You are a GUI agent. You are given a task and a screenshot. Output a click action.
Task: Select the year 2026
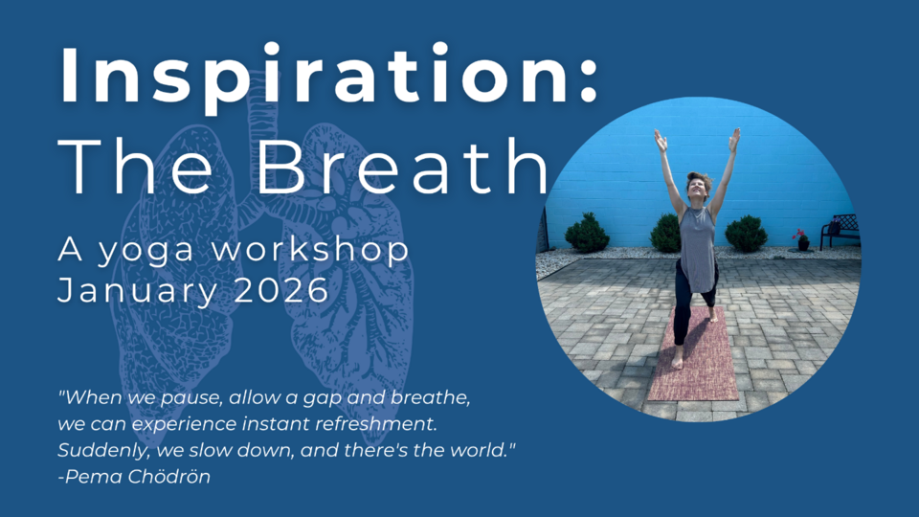tap(281, 289)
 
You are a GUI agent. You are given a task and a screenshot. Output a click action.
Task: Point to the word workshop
tap(310, 249)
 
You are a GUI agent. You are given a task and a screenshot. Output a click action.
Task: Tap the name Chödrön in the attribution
tap(168, 476)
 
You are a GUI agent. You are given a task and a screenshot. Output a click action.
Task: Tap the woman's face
tap(698, 189)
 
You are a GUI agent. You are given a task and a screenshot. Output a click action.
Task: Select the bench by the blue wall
tap(841, 231)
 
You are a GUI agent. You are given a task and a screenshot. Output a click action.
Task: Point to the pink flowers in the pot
tap(798, 234)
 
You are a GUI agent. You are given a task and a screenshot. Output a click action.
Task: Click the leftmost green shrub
tap(587, 233)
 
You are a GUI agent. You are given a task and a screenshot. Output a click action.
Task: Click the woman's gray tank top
tap(697, 248)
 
